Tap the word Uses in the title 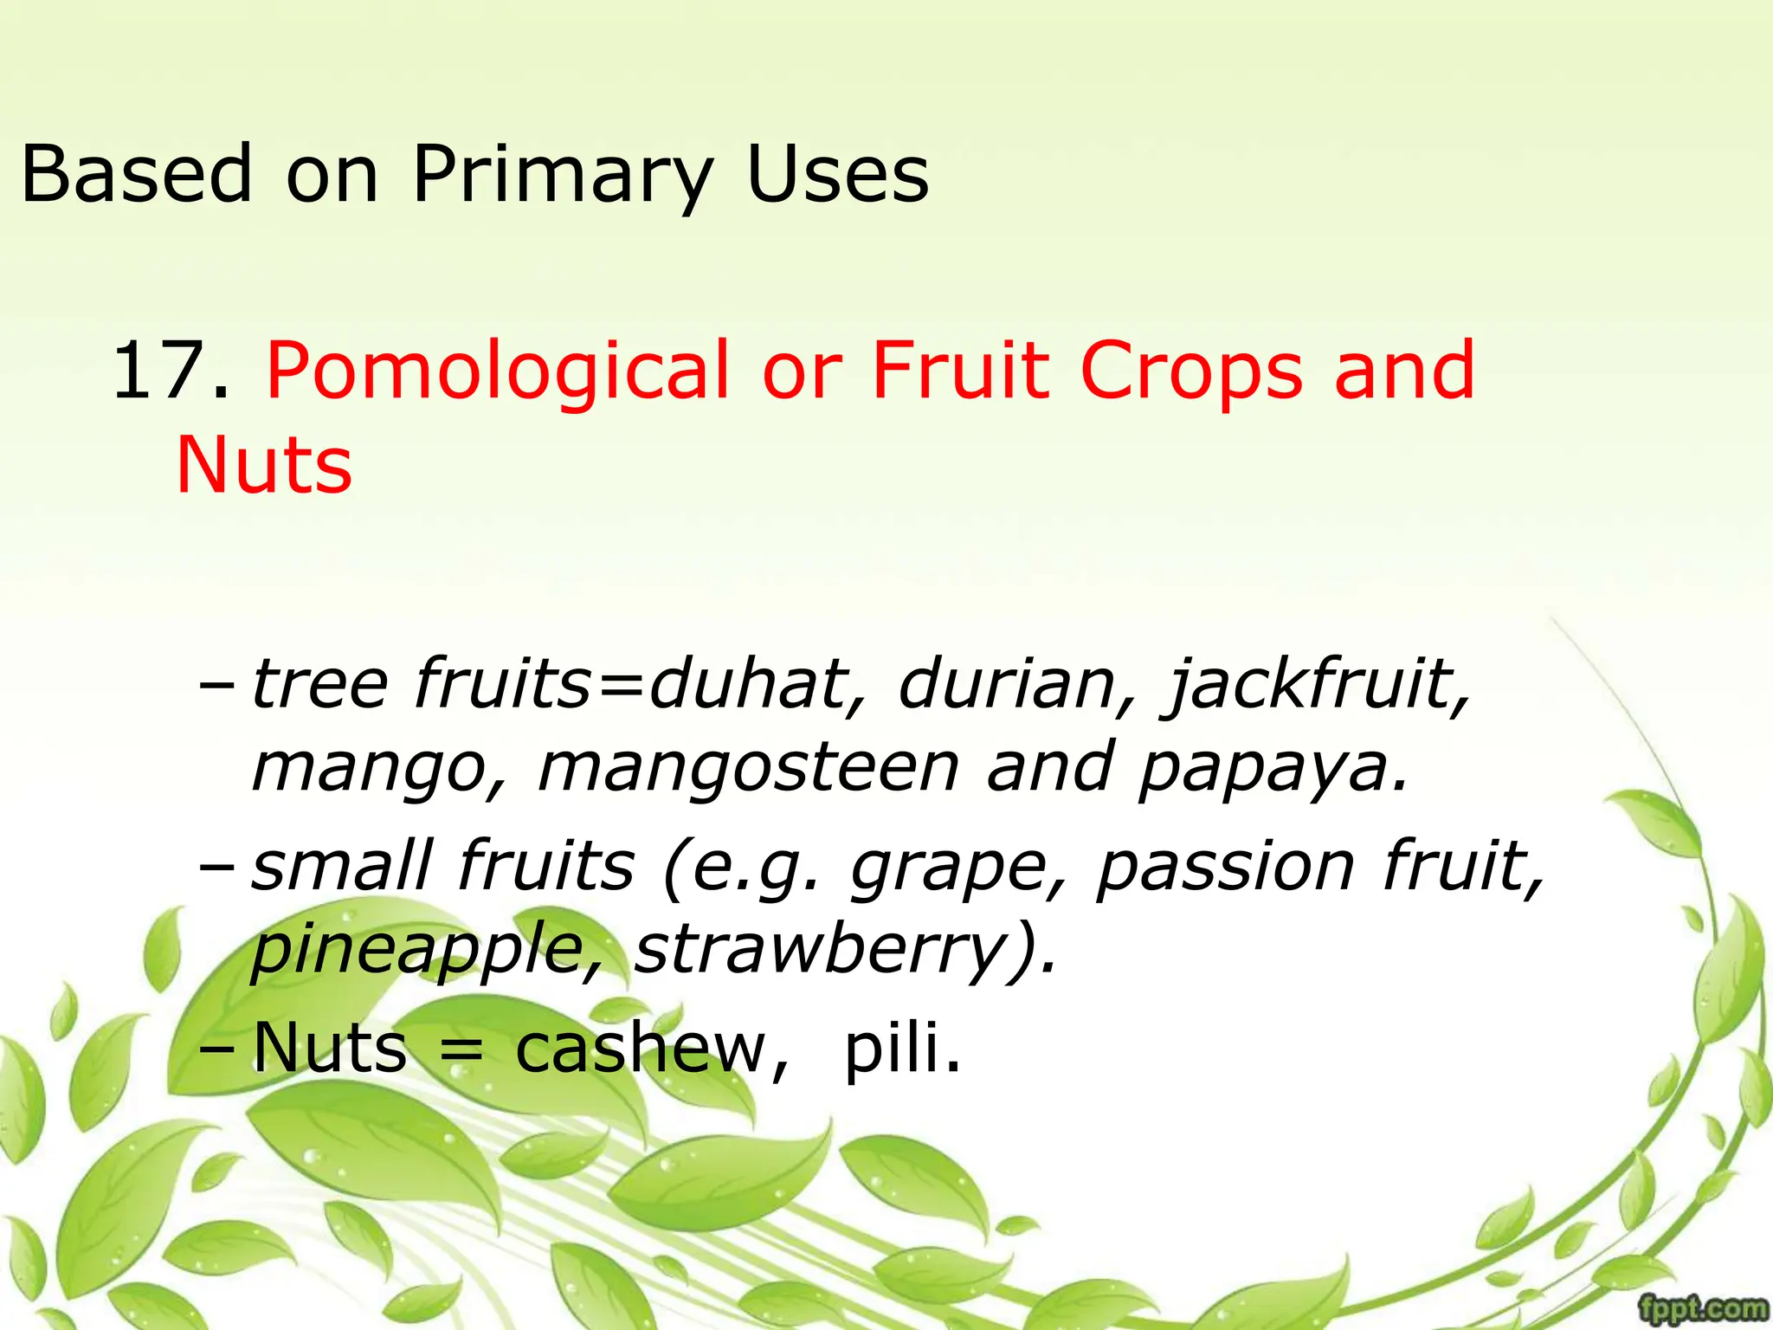(837, 176)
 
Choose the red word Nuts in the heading (264, 465)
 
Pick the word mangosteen (748, 769)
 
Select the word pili (900, 1048)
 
